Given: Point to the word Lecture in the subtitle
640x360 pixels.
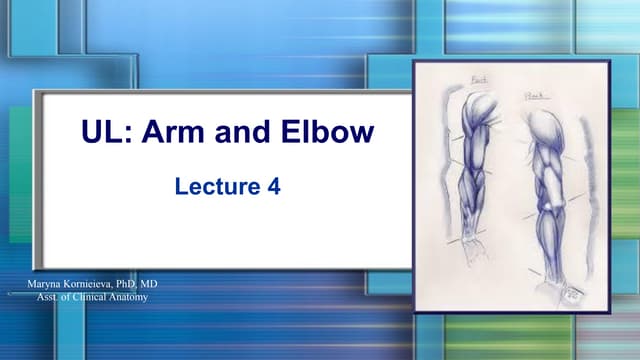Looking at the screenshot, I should pos(209,185).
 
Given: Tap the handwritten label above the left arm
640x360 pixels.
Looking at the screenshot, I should pos(478,79).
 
